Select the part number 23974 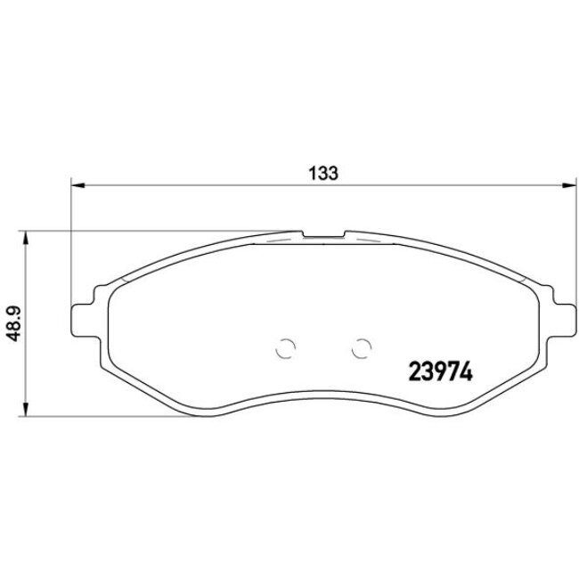click(440, 370)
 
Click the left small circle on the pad click(284, 350)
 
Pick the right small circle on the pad click(361, 350)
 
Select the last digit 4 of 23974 click(466, 370)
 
